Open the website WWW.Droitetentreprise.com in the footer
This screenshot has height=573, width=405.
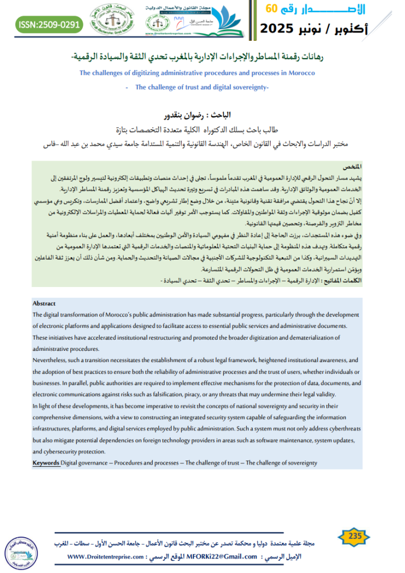coord(105,557)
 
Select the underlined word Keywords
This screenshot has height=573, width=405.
coord(46,463)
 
